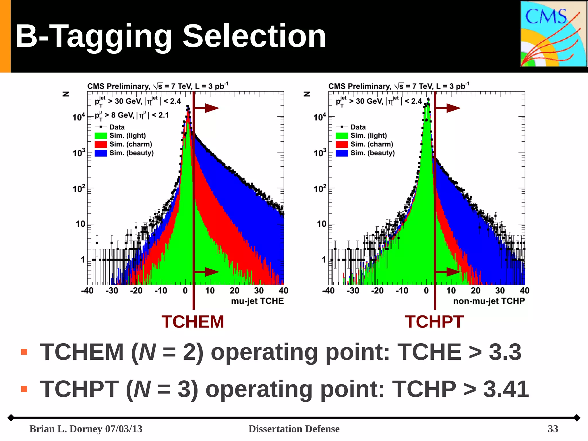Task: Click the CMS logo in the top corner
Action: point(553,34)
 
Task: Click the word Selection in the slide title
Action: point(254,36)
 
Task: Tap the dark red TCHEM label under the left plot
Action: point(193,321)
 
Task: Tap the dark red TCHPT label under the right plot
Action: point(434,321)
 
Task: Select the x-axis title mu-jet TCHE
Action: point(257,301)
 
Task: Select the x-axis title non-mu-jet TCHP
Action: point(489,301)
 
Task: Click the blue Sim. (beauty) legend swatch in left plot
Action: point(101,153)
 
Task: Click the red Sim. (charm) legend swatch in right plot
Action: point(342,144)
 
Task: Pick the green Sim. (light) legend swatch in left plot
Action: point(101,136)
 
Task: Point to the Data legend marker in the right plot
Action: point(342,127)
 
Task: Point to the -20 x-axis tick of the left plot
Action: point(136,291)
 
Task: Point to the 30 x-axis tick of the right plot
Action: point(500,291)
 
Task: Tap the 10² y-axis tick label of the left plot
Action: point(79,189)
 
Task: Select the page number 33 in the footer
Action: point(553,429)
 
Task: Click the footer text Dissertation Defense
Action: point(294,429)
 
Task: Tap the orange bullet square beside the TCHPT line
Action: point(24,389)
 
